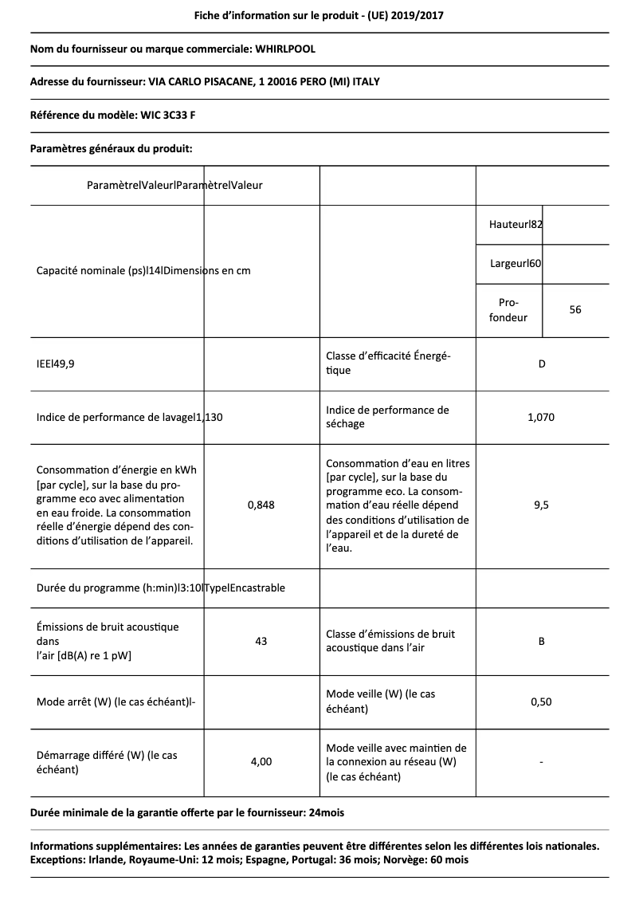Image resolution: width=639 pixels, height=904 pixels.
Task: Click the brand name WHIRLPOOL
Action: (285, 49)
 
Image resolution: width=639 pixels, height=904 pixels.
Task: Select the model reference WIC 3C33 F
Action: (169, 115)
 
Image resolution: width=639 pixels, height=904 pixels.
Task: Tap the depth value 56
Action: (575, 310)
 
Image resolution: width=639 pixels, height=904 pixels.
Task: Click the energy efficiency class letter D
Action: (542, 364)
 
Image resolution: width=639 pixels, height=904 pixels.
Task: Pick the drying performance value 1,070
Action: (542, 417)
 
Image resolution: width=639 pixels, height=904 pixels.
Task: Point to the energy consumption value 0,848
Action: (261, 505)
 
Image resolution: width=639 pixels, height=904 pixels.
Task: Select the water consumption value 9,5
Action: (542, 505)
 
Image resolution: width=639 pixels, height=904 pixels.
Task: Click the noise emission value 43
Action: (261, 641)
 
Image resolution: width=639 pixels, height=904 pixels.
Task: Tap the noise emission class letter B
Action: (542, 641)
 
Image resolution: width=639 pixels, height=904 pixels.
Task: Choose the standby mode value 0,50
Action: (542, 702)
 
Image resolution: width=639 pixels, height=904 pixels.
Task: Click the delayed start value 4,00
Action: (261, 762)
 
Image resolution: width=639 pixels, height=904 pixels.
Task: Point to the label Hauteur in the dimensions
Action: (508, 225)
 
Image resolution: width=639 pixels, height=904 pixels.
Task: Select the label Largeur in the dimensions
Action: (508, 263)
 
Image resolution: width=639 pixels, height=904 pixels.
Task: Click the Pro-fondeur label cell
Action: (508, 310)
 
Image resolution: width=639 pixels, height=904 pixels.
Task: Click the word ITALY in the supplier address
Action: (375, 82)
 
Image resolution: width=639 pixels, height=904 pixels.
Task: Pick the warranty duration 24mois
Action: (327, 812)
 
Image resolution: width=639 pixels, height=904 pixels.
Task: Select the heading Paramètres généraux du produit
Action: (111, 148)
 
